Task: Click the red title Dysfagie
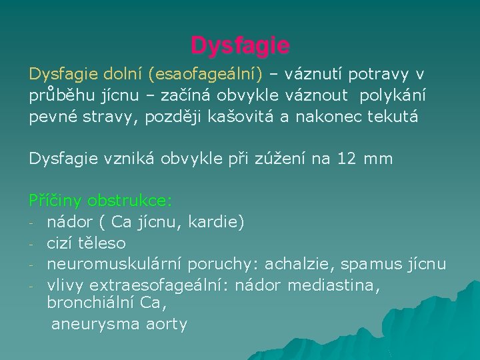[240, 45]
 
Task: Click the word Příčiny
[55, 200]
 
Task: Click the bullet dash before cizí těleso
[32, 243]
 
